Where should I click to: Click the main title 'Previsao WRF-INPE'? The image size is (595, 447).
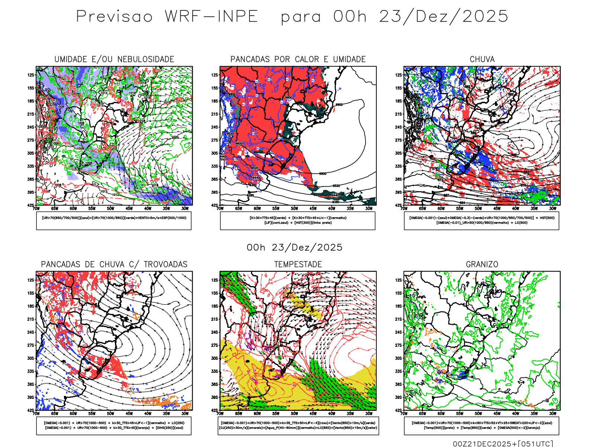click(167, 17)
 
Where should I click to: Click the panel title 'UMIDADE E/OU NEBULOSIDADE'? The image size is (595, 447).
click(114, 60)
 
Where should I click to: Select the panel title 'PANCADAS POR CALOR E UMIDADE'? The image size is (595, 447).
click(298, 60)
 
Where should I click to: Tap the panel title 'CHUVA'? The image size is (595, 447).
click(482, 60)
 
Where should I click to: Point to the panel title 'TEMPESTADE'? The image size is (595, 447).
click(298, 264)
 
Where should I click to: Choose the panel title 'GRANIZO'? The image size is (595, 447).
click(482, 264)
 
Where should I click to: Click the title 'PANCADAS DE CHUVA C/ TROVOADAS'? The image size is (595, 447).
click(114, 264)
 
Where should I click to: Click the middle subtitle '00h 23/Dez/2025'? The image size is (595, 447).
click(295, 248)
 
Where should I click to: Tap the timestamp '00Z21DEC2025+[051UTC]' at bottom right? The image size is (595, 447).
click(503, 444)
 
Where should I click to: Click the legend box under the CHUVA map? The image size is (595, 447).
click(482, 221)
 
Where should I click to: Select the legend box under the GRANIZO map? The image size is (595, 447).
click(482, 425)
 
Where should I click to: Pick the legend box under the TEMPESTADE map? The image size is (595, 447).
click(298, 425)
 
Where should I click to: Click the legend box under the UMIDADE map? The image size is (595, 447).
click(114, 221)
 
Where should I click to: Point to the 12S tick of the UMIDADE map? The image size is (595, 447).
click(30, 75)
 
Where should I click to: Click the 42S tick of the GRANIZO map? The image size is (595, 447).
click(398, 410)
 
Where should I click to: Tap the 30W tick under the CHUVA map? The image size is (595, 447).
click(553, 209)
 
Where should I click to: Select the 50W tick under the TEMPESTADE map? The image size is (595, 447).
click(294, 413)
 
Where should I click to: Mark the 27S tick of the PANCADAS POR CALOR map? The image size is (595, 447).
click(215, 140)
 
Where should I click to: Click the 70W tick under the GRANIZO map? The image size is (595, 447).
click(404, 413)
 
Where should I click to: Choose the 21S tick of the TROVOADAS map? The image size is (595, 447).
click(30, 319)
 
